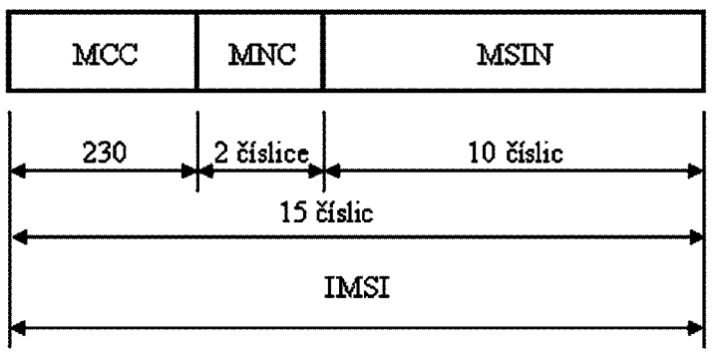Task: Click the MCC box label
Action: point(106,55)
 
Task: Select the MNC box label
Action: point(262,55)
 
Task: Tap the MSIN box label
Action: point(515,55)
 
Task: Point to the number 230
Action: point(105,153)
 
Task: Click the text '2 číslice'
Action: point(261,153)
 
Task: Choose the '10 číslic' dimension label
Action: point(516,153)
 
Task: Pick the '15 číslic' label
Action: point(327,212)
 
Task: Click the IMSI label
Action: point(357,288)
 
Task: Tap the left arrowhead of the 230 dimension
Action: point(17,172)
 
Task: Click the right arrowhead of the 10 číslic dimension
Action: point(696,172)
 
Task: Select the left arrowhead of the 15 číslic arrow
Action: point(19,237)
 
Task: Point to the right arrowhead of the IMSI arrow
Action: point(696,328)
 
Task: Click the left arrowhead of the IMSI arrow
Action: point(17,328)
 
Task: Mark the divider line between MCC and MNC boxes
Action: point(196,51)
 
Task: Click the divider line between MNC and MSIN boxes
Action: point(323,51)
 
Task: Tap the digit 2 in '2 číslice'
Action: point(221,154)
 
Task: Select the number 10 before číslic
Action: point(483,154)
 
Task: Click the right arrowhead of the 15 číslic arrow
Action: point(696,237)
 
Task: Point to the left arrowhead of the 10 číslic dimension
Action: point(332,172)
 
